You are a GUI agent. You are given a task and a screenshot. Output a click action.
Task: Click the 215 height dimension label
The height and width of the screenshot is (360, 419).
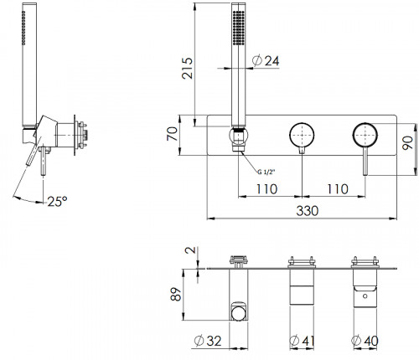tap(187, 68)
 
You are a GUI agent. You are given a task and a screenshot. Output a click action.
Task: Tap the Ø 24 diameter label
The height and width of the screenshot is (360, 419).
tap(266, 61)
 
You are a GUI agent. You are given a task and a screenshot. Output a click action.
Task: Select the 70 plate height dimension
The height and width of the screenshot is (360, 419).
tap(172, 134)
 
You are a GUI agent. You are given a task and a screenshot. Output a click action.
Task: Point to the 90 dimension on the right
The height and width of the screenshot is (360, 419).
tap(407, 142)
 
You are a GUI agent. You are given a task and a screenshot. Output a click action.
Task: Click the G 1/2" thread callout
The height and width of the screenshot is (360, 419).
tap(266, 172)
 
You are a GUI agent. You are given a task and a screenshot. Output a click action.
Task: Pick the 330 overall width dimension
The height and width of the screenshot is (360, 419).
tap(308, 211)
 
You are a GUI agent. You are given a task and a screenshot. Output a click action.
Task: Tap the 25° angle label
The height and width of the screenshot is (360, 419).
tap(57, 201)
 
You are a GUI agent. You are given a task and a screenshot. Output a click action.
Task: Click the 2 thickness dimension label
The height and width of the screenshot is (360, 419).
tap(191, 249)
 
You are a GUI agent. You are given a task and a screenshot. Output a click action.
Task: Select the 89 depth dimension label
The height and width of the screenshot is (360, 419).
tap(176, 294)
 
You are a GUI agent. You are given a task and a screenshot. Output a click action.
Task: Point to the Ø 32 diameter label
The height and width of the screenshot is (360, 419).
tap(208, 341)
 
